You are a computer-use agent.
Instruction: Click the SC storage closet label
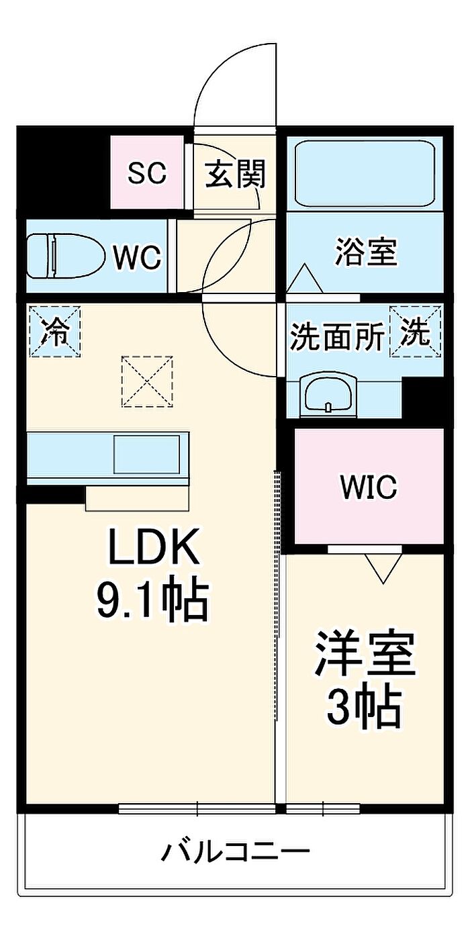[146, 173]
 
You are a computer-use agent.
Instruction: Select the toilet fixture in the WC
[65, 255]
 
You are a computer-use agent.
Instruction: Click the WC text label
[138, 258]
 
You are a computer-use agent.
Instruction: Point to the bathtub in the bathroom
[365, 173]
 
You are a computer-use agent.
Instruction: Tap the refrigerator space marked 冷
[55, 332]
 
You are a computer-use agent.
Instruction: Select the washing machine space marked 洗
[415, 332]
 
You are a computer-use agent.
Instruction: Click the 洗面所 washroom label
[337, 337]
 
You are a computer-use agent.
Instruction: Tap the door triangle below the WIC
[383, 569]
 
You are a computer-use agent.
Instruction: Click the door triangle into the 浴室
[305, 278]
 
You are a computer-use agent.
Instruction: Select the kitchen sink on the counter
[147, 454]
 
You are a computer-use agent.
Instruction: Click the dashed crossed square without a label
[147, 381]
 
